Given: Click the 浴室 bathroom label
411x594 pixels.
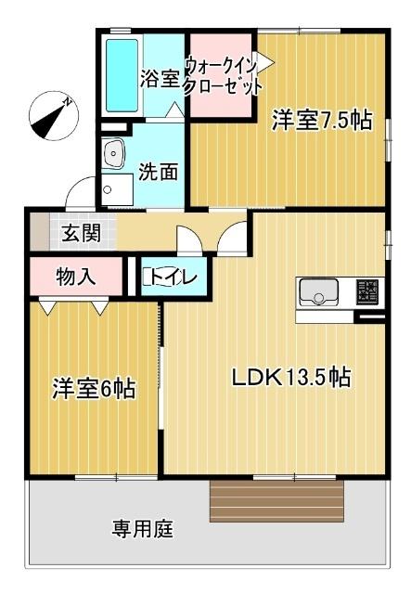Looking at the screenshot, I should pyautogui.click(x=160, y=79).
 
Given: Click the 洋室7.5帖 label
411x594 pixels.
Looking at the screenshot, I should pyautogui.click(x=322, y=120).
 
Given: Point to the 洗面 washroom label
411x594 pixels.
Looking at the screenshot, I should pyautogui.click(x=160, y=172).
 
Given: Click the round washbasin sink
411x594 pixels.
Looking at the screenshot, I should pyautogui.click(x=115, y=154).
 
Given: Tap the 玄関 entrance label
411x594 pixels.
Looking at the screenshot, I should pyautogui.click(x=82, y=234).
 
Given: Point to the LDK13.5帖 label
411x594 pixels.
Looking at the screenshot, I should pyautogui.click(x=290, y=378).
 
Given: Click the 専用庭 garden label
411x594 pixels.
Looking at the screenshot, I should pyautogui.click(x=143, y=530).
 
